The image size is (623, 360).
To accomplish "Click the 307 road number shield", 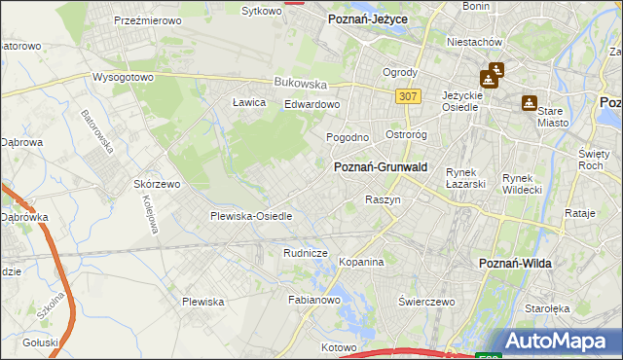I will pos(409,95).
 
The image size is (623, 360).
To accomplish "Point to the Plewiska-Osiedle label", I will pos(251,216).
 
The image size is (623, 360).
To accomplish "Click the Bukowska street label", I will pos(298,83).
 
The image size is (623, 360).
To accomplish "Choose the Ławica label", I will pos(249,102).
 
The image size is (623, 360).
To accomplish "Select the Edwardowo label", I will pos(311,105).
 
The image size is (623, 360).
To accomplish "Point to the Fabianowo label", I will pos(312,301).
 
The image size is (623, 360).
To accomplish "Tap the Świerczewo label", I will pos(427,302).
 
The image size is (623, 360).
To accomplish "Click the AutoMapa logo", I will pos(558,342).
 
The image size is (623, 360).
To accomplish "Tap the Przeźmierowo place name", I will pos(150,19).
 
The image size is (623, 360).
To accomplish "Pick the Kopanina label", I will pos(361,262).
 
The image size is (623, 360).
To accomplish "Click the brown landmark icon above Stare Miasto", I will pos(530,101).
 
